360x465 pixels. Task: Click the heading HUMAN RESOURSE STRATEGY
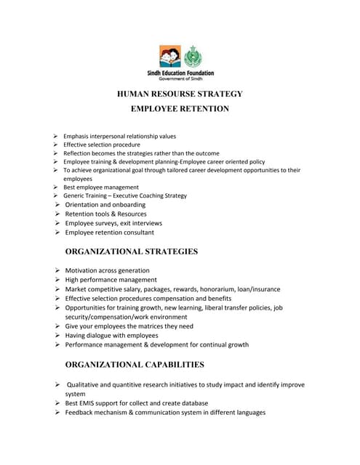tap(180, 94)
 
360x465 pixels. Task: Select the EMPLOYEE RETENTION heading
tap(180, 109)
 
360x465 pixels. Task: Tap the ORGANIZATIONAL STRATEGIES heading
tap(132, 251)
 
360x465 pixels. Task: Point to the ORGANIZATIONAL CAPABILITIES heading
tap(135, 365)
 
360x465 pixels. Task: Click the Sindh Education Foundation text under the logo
tap(180, 73)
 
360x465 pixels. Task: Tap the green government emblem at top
tap(193, 57)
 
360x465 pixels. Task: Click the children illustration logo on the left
tap(169, 57)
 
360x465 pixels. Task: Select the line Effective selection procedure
tap(102, 145)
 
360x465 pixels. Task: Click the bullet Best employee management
tap(100, 187)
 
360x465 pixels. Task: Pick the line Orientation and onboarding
tap(105, 205)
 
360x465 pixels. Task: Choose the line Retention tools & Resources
tap(105, 214)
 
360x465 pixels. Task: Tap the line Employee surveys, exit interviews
tap(113, 224)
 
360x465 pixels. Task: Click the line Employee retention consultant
tap(109, 232)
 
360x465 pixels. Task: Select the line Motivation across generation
tap(107, 270)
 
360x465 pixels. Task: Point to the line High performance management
tap(111, 280)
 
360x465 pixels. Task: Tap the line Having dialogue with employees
tap(111, 336)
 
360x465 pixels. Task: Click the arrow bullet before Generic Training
tap(55, 196)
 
